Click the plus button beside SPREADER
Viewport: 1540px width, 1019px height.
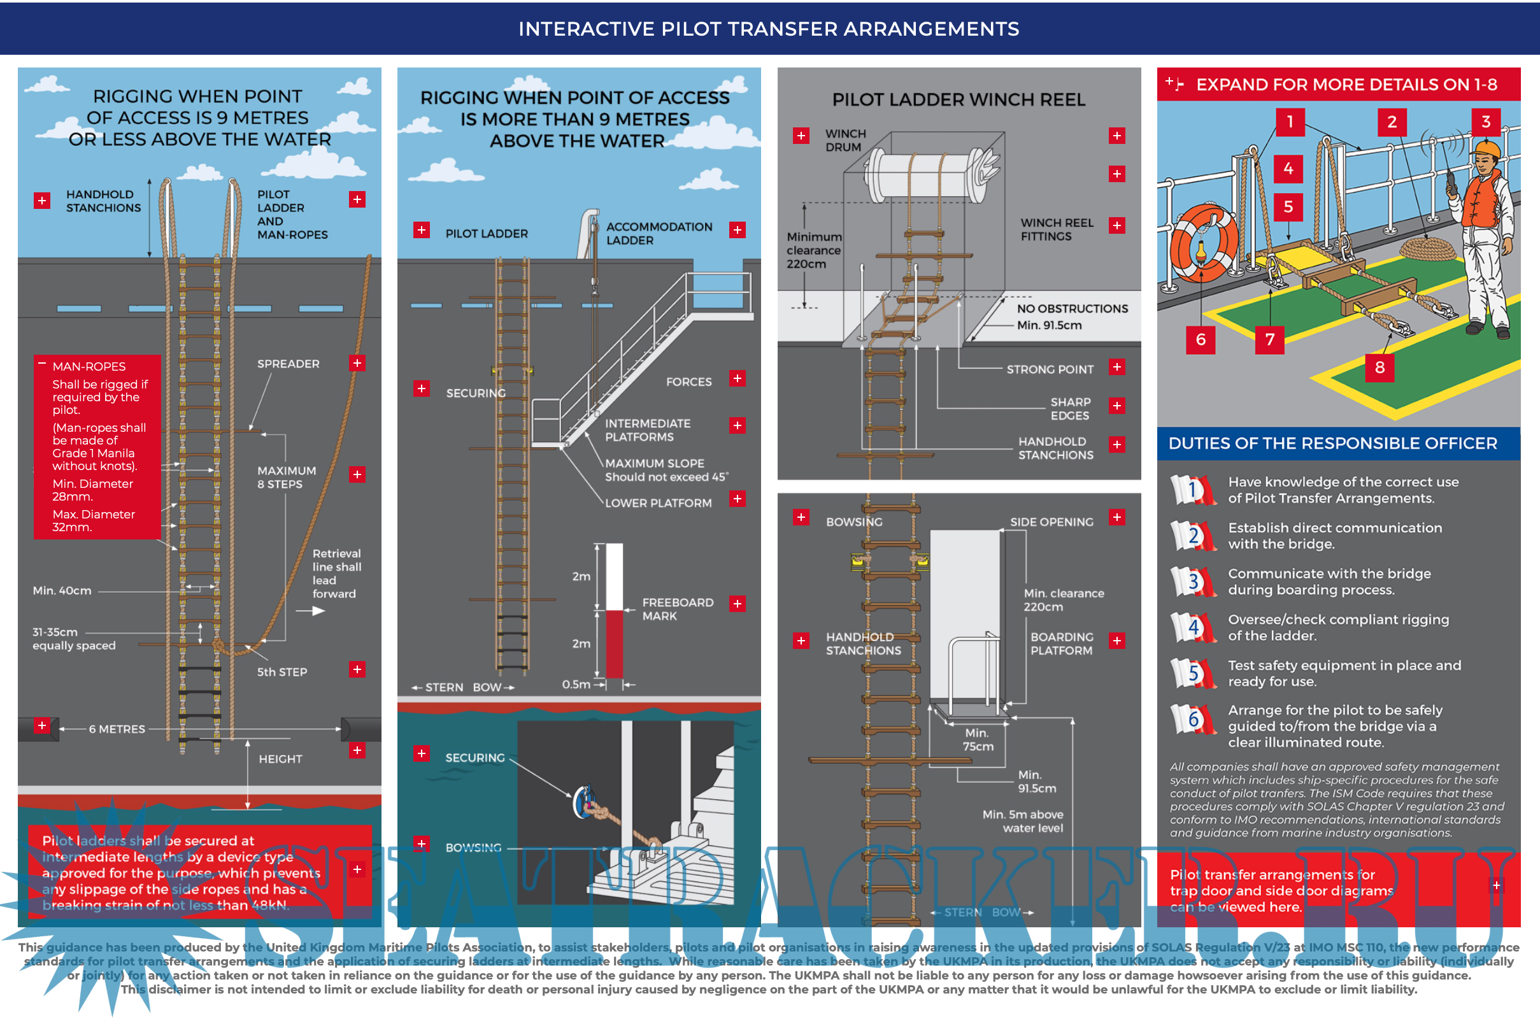coord(357,363)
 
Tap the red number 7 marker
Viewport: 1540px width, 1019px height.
coord(1270,339)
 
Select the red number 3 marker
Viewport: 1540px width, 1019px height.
coord(1485,122)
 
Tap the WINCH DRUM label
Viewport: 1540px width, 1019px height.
coord(845,140)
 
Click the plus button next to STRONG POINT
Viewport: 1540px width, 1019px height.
coord(1116,367)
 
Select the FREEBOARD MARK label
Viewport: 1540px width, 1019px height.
coord(677,609)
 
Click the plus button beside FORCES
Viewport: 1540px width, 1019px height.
coord(737,379)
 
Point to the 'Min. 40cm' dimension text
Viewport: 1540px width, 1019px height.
coord(62,591)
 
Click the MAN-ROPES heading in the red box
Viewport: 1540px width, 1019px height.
coord(89,367)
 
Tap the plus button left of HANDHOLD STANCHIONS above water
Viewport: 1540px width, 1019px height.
coord(42,201)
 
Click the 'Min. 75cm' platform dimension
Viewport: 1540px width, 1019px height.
coord(977,739)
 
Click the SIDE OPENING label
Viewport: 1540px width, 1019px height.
coord(1052,522)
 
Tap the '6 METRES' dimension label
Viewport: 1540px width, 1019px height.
coord(117,729)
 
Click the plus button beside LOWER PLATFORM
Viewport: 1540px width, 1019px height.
coord(737,499)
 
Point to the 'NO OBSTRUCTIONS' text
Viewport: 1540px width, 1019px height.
coord(1072,309)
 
